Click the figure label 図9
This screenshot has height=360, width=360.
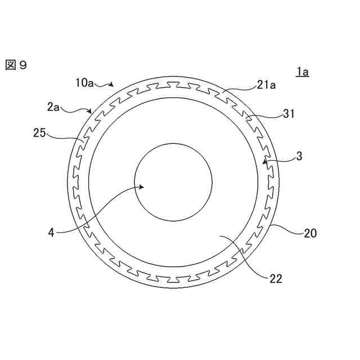pos(16,65)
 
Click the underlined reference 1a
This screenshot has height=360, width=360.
pos(303,72)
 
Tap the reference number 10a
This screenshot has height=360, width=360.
pos(85,83)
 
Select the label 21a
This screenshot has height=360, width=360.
pos(266,85)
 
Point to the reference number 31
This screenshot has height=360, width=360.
pos(289,114)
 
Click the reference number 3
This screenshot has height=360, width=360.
pos(299,156)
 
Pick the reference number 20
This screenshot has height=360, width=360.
pos(310,233)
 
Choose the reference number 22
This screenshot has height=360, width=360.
pos(276,279)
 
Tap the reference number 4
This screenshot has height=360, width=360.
pos(51,233)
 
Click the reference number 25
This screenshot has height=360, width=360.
pos(39,133)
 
